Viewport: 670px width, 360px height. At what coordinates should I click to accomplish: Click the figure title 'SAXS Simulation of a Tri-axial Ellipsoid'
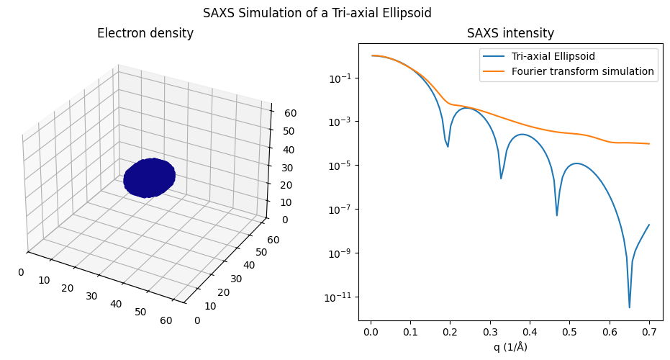click(x=317, y=13)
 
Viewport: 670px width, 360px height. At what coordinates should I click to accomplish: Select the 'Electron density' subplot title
click(x=145, y=33)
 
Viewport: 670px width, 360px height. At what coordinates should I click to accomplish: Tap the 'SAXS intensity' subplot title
click(x=510, y=33)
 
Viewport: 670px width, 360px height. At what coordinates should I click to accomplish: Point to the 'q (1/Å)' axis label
click(x=510, y=347)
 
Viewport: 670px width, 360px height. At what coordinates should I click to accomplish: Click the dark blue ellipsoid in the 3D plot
click(x=150, y=177)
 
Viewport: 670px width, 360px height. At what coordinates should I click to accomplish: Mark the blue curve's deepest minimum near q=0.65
click(x=629, y=307)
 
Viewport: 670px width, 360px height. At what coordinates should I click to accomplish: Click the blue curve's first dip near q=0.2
click(x=448, y=147)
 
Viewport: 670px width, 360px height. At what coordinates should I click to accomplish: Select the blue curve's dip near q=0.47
click(x=557, y=215)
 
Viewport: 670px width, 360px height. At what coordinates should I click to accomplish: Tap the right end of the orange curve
click(x=649, y=144)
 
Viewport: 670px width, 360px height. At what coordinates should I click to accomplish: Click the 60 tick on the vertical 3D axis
click(x=282, y=113)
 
